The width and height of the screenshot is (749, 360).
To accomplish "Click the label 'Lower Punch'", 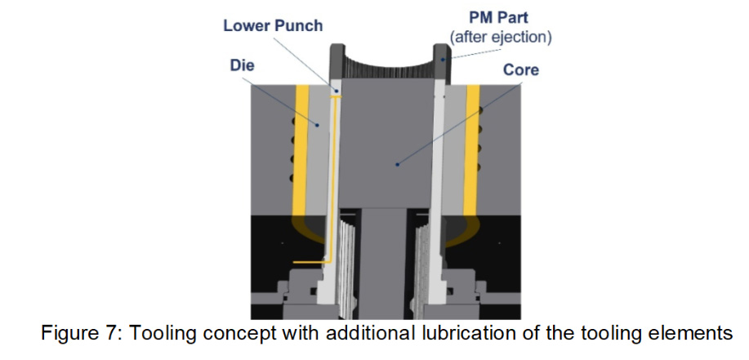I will click(x=273, y=25).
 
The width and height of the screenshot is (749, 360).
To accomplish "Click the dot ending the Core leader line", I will click(x=398, y=164).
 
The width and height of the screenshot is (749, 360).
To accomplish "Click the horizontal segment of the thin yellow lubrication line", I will click(x=311, y=262).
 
